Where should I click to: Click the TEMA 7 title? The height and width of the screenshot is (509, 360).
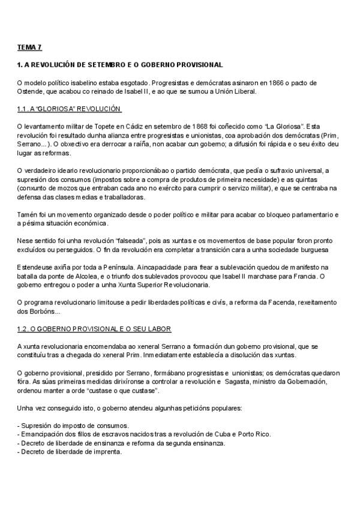pyautogui.click(x=29, y=46)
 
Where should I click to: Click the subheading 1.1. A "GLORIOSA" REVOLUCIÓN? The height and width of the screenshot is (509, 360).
pyautogui.click(x=70, y=109)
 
